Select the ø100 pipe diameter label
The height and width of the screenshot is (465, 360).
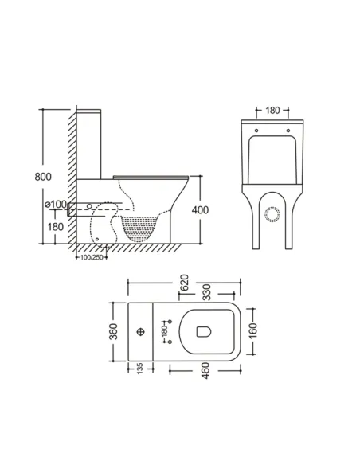click(x=56, y=205)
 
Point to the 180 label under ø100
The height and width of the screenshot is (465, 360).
click(x=55, y=227)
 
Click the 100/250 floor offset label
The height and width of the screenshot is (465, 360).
click(x=92, y=257)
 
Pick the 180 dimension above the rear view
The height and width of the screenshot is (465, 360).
click(x=272, y=110)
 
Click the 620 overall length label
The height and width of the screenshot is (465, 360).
click(x=184, y=281)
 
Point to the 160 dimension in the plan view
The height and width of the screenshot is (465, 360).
click(x=252, y=330)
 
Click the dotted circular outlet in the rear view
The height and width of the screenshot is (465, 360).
click(x=272, y=215)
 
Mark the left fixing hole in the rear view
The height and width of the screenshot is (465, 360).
click(x=259, y=129)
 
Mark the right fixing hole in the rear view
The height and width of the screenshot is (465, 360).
click(x=286, y=129)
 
